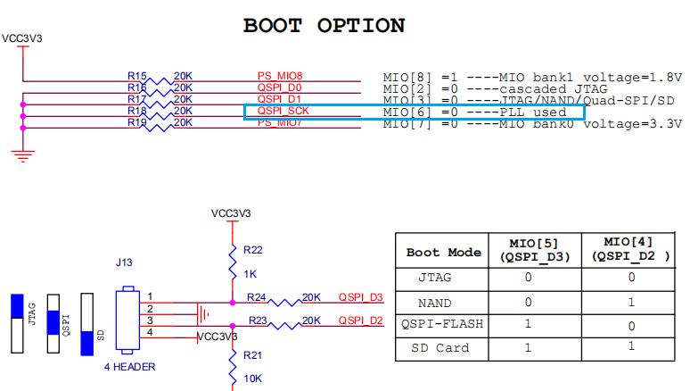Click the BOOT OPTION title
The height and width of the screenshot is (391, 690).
(324, 25)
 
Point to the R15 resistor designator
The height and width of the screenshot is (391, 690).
(136, 76)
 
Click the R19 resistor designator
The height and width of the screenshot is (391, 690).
(136, 122)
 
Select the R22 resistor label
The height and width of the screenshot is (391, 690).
(252, 250)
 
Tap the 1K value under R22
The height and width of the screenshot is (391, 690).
(250, 274)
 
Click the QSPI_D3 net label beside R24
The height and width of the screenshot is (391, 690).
(360, 297)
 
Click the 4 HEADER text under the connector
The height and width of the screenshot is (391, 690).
(130, 366)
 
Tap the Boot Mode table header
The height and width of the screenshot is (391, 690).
(443, 252)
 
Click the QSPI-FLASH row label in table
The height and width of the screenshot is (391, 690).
(443, 324)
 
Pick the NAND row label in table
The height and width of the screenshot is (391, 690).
(443, 301)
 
